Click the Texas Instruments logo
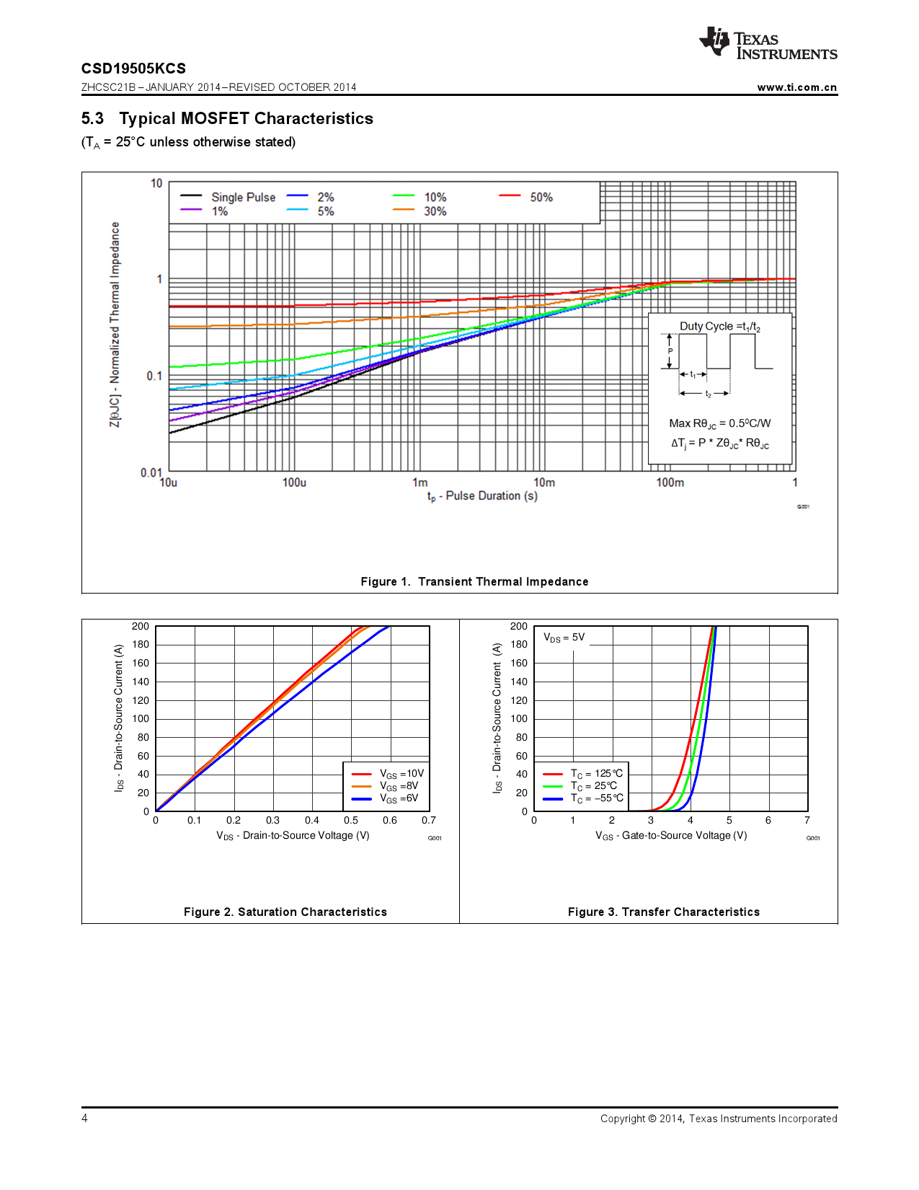767,44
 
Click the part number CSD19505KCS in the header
133,69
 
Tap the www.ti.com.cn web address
796,87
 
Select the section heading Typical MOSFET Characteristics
246,118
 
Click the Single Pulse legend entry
243,197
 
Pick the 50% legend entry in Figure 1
541,197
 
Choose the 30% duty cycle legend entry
435,211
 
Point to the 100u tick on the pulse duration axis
294,482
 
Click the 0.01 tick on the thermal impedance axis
151,472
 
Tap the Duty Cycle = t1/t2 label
719,327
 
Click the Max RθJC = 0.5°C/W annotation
719,423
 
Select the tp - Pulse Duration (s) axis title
482,496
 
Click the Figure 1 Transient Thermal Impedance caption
474,582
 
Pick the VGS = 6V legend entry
399,798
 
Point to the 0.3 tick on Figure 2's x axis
272,820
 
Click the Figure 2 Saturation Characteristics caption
285,912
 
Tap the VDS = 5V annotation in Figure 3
564,638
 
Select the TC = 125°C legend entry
596,774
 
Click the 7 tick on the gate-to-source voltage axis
807,820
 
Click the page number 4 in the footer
84,1118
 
